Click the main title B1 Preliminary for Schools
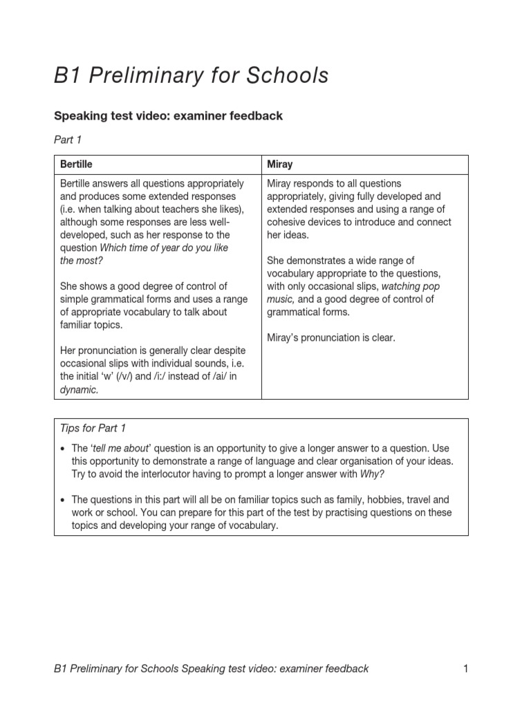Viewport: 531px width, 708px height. (192, 75)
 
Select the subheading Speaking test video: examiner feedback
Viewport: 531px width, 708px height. (168, 116)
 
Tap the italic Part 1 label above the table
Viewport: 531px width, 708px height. (68, 140)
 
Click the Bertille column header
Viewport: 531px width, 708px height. (76, 165)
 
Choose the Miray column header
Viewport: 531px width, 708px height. (280, 165)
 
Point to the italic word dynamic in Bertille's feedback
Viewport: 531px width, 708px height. (79, 390)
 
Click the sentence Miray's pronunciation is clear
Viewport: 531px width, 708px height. (331, 338)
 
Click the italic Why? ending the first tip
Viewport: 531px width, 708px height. (372, 474)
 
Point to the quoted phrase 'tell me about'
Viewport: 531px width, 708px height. (120, 448)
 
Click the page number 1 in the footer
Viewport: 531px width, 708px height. (466, 669)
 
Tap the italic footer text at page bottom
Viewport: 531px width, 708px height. (211, 669)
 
